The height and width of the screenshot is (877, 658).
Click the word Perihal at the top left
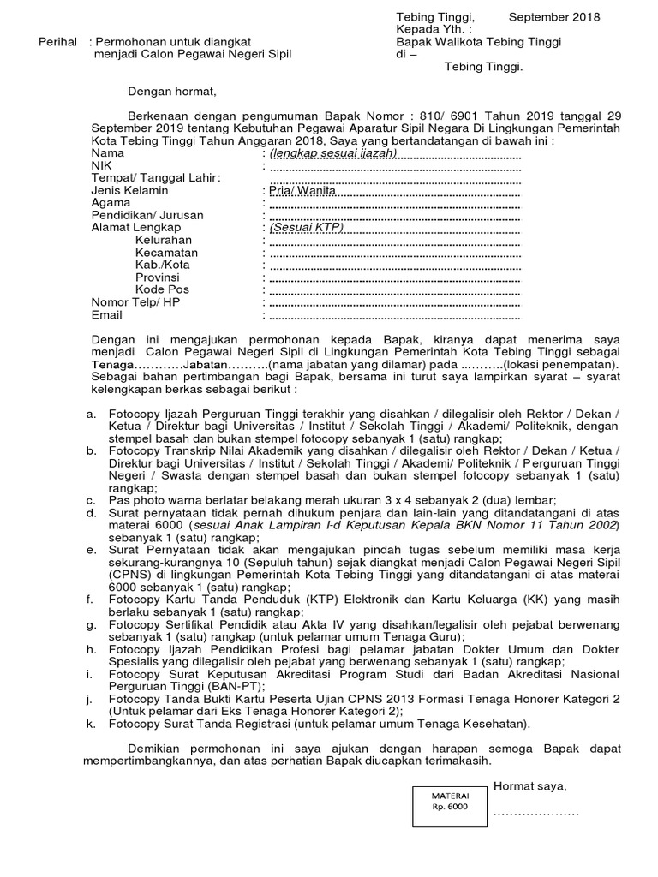59,41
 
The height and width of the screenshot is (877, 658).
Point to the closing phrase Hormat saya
529,786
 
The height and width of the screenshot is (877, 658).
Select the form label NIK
102,165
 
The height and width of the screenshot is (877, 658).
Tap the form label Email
106,315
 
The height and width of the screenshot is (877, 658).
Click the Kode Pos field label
163,290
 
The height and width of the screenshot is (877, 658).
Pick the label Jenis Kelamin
129,190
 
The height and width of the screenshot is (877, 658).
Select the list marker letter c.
91,500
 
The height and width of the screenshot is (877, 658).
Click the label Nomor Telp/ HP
136,303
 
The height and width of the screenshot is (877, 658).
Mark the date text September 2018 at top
554,17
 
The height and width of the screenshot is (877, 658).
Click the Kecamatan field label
166,253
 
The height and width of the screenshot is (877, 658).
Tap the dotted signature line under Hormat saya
536,810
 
